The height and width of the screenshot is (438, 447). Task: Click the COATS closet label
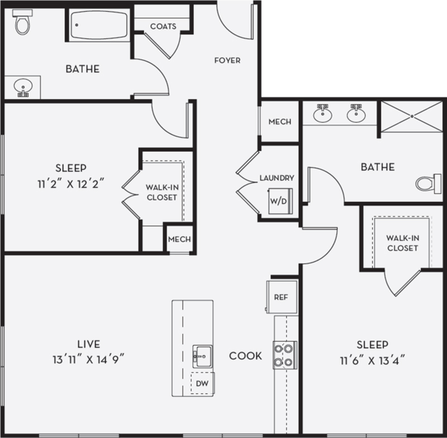tap(163, 27)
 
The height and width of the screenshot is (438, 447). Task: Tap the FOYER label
tap(227, 61)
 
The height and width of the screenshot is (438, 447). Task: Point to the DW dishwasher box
tap(201, 384)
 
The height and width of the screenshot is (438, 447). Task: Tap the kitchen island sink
tap(201, 354)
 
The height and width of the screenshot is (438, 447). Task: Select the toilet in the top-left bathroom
tap(23, 23)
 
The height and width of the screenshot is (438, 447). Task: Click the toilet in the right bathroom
tap(425, 184)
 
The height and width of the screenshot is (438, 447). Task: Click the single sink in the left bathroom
tap(23, 88)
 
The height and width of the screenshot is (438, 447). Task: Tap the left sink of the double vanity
tap(322, 113)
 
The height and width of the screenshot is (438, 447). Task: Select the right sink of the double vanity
tap(357, 113)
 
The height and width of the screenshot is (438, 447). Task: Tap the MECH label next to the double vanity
tap(280, 122)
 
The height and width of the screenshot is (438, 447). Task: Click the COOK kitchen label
tap(246, 356)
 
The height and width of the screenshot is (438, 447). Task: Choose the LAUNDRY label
tap(276, 178)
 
